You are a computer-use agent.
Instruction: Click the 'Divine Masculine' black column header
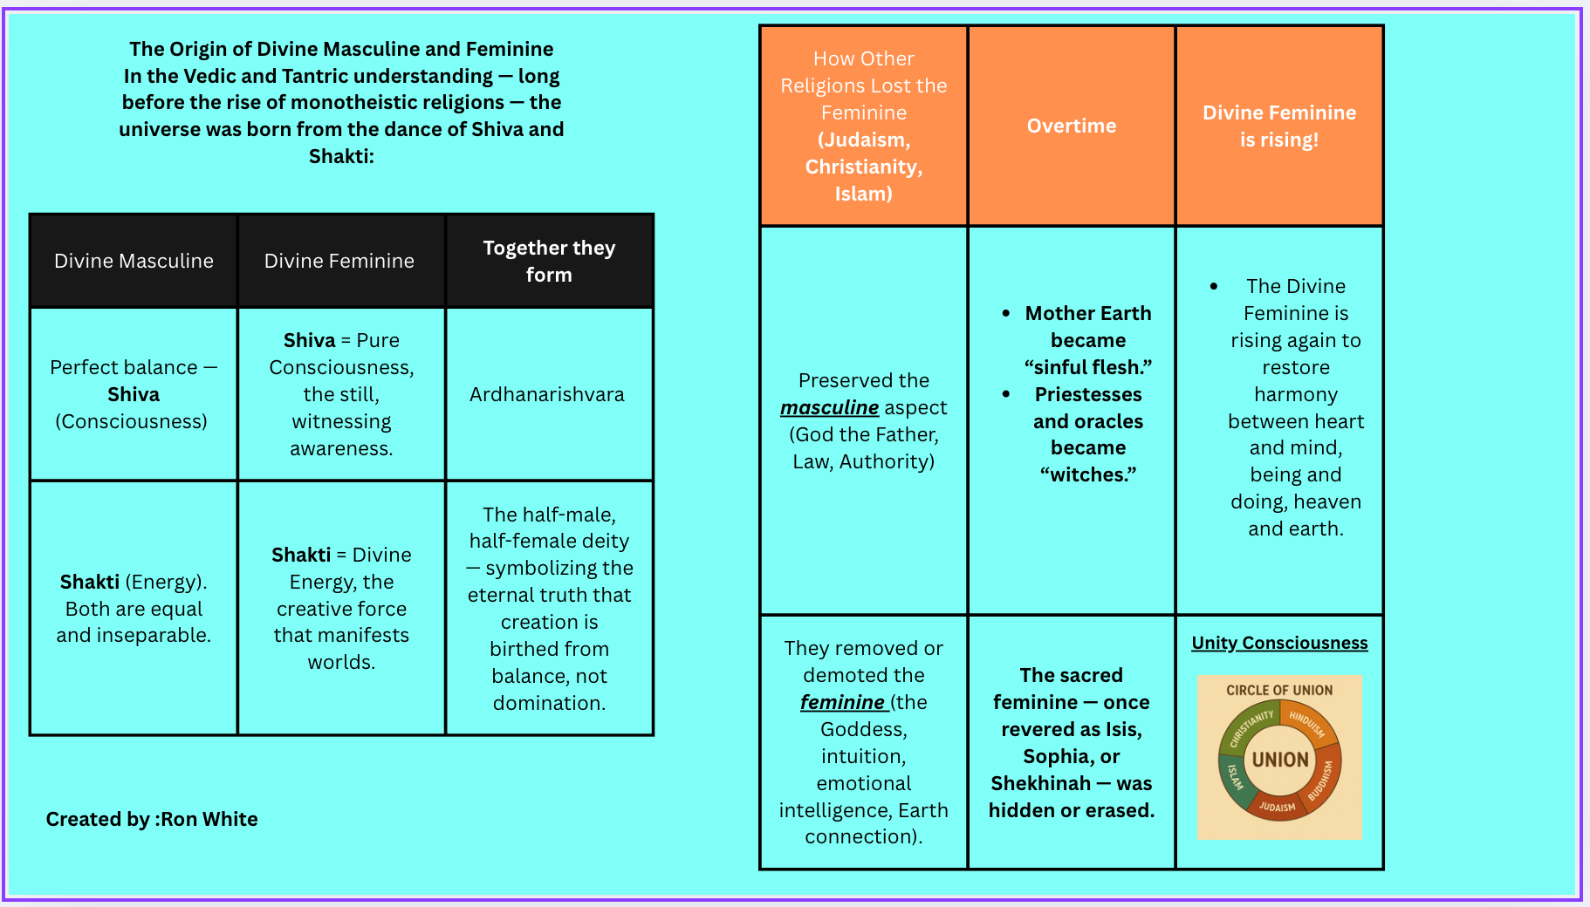point(134,261)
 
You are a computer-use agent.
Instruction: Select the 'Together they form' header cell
point(549,261)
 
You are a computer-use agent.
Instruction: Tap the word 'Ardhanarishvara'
point(547,394)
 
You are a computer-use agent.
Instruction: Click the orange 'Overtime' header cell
point(1072,126)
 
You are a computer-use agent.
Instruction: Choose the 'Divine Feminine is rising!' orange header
point(1279,126)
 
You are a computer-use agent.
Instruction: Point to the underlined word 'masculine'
point(829,407)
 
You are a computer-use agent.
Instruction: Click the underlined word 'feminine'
point(843,702)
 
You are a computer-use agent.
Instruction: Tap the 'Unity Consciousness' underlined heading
point(1279,643)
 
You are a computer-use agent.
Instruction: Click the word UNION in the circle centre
point(1280,760)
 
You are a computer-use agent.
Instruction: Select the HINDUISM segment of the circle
point(1307,724)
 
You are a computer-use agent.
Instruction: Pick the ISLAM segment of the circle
point(1234,775)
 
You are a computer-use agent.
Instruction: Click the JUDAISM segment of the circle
point(1277,807)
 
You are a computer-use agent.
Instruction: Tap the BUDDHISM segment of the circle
point(1321,779)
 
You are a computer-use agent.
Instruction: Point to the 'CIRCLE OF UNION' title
point(1279,690)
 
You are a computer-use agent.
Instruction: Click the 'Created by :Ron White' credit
point(152,819)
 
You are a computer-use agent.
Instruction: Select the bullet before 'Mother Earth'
point(1006,313)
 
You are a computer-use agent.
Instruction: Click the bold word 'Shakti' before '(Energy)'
point(90,582)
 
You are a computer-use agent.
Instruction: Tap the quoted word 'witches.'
point(1088,474)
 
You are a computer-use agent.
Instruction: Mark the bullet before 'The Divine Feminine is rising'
point(1214,286)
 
